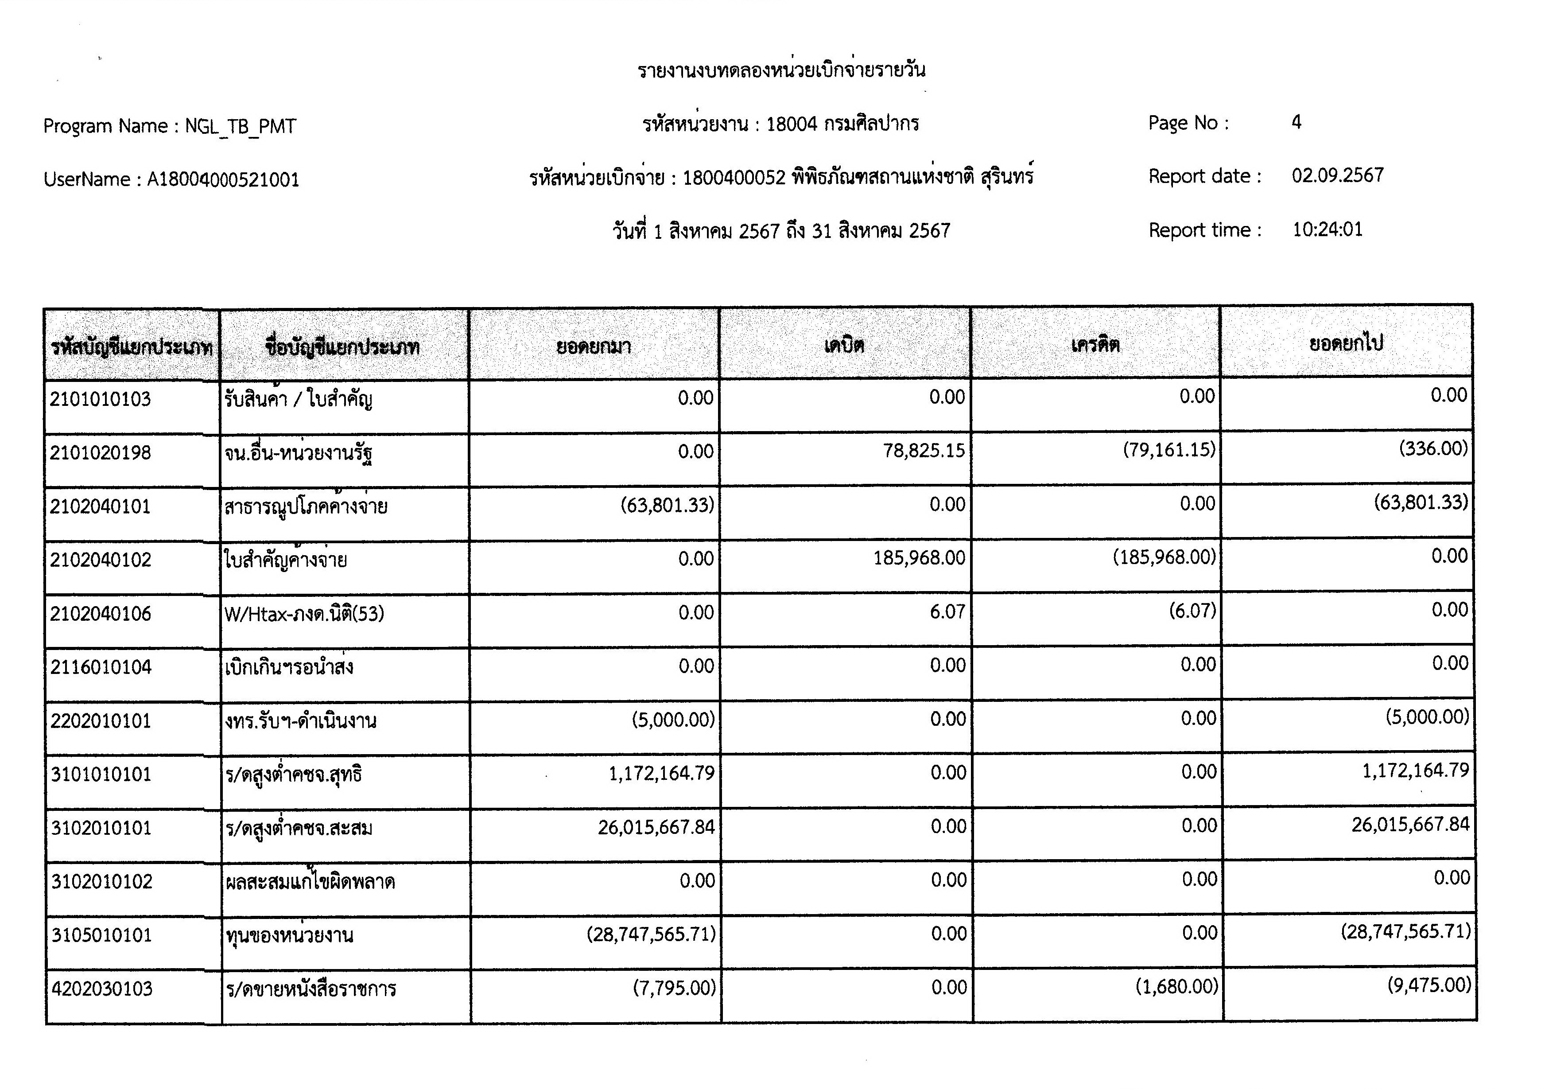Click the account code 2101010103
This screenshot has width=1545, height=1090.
(100, 399)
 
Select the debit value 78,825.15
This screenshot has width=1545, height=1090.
(924, 451)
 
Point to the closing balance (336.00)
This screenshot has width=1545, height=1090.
(1433, 448)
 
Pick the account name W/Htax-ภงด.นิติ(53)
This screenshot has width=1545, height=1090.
(304, 613)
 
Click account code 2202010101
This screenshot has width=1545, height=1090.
(101, 721)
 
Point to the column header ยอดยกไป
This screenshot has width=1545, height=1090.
(1346, 343)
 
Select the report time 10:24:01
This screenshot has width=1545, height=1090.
(1327, 230)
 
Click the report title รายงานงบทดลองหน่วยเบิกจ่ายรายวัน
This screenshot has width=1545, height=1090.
(781, 70)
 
